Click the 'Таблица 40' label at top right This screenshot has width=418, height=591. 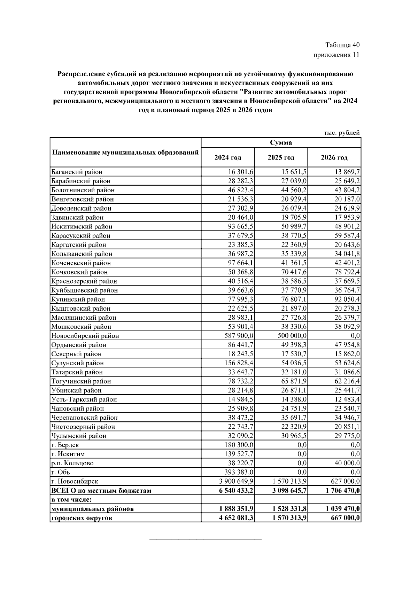tap(342, 45)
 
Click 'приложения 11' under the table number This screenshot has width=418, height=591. tap(336, 55)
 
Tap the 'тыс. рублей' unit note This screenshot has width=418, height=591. tap(341, 133)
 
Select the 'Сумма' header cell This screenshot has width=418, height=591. tap(281, 143)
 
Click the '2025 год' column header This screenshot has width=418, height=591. tap(281, 158)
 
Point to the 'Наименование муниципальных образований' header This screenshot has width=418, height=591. tap(125, 153)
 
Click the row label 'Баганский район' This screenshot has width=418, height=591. tap(77, 172)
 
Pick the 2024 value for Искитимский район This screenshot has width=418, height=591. tap(241, 226)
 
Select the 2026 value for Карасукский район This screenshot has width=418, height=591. tap(347, 235)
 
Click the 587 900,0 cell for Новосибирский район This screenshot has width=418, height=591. tap(236, 336)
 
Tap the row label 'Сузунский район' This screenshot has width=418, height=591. tap(77, 363)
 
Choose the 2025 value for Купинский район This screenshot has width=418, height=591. tap(294, 299)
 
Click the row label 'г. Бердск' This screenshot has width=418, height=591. tap(65, 445)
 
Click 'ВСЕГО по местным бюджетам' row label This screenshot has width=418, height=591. tap(101, 490)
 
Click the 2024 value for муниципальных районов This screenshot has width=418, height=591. tap(234, 509)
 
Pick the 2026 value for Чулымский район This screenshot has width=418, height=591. tap(347, 436)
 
